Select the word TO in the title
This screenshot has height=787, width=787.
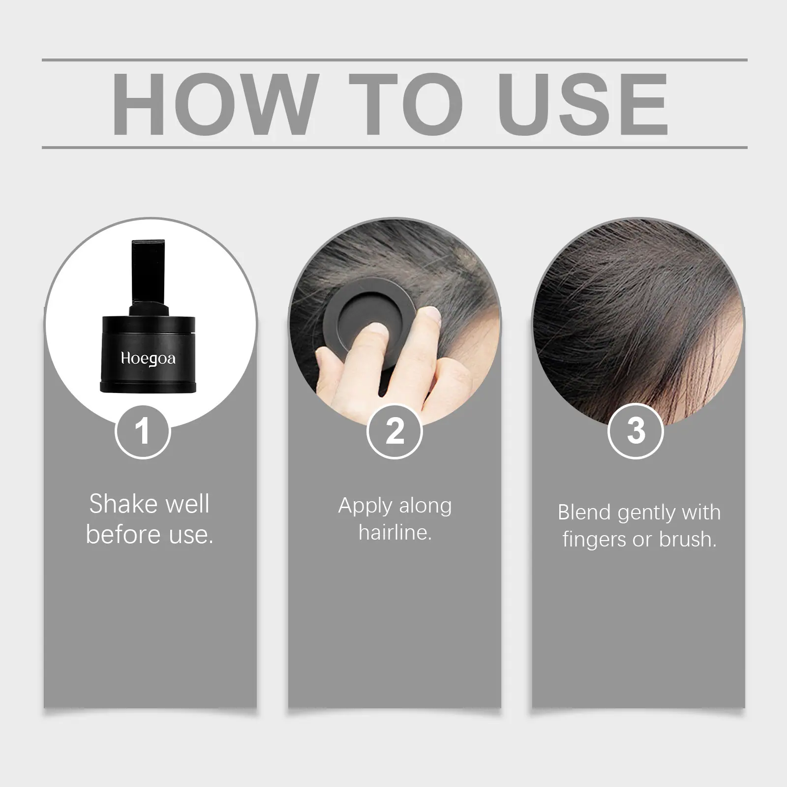(406, 104)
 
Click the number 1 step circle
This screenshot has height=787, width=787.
(143, 431)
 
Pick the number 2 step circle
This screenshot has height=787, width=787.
(394, 431)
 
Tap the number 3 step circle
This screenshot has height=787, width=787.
(636, 431)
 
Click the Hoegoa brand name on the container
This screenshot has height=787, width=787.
(148, 359)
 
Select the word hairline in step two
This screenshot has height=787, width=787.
(395, 532)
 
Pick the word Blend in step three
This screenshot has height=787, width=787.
(585, 513)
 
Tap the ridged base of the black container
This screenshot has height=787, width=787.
(148, 387)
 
